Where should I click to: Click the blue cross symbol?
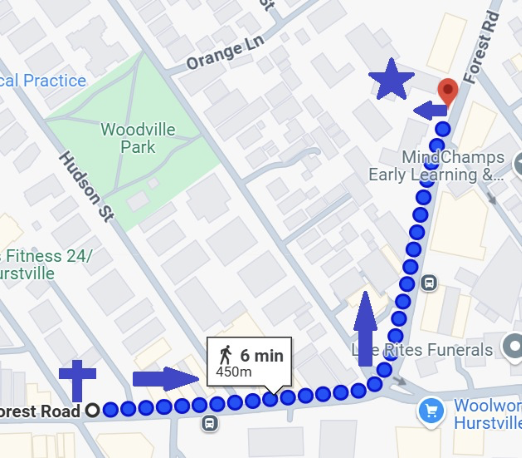pos(77,379)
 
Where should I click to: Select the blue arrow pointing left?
pos(430,110)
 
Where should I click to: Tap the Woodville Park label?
pos(138,138)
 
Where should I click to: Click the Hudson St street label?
pos(87,186)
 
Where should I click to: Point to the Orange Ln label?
pos(225,53)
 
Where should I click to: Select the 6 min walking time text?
pos(261,356)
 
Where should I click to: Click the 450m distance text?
pos(234,372)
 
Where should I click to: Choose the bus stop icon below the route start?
pos(209,424)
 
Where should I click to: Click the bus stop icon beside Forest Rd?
pos(429,283)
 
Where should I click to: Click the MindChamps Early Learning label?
pos(436,166)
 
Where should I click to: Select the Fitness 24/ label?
pos(48,256)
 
